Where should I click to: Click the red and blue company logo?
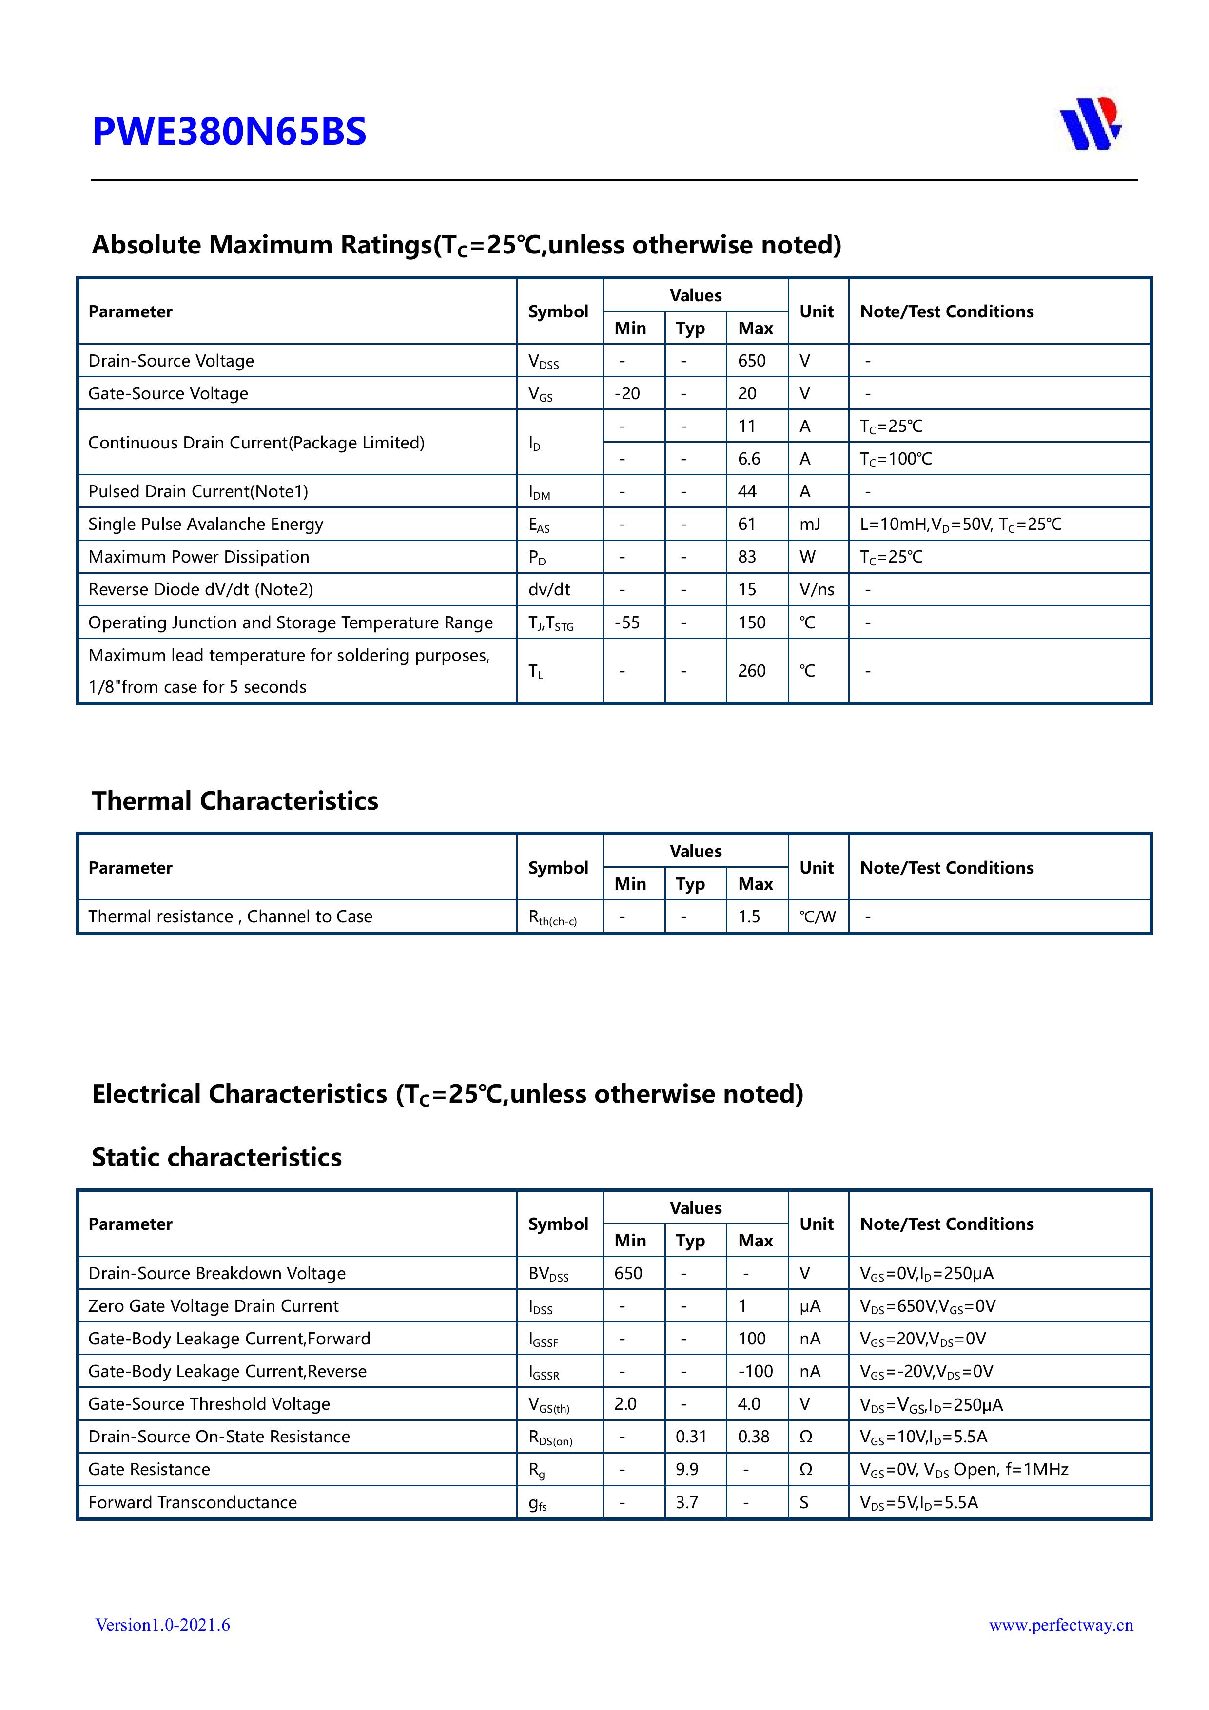coord(1090,124)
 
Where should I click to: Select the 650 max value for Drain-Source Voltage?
coord(752,361)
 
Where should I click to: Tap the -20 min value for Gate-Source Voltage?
coord(627,394)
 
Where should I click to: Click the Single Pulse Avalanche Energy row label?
coord(206,525)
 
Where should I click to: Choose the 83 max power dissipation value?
coord(747,557)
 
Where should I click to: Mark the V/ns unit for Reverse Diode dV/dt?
coord(817,590)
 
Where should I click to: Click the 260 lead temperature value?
coord(752,671)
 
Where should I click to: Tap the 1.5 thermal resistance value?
coord(749,917)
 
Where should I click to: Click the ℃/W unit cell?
coord(817,917)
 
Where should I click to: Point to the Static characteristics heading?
coord(217,1157)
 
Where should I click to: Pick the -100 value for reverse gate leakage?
coord(755,1371)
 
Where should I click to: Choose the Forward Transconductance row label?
coord(192,1502)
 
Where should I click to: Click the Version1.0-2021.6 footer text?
coord(162,1624)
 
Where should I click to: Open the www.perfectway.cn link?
coord(1061,1624)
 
